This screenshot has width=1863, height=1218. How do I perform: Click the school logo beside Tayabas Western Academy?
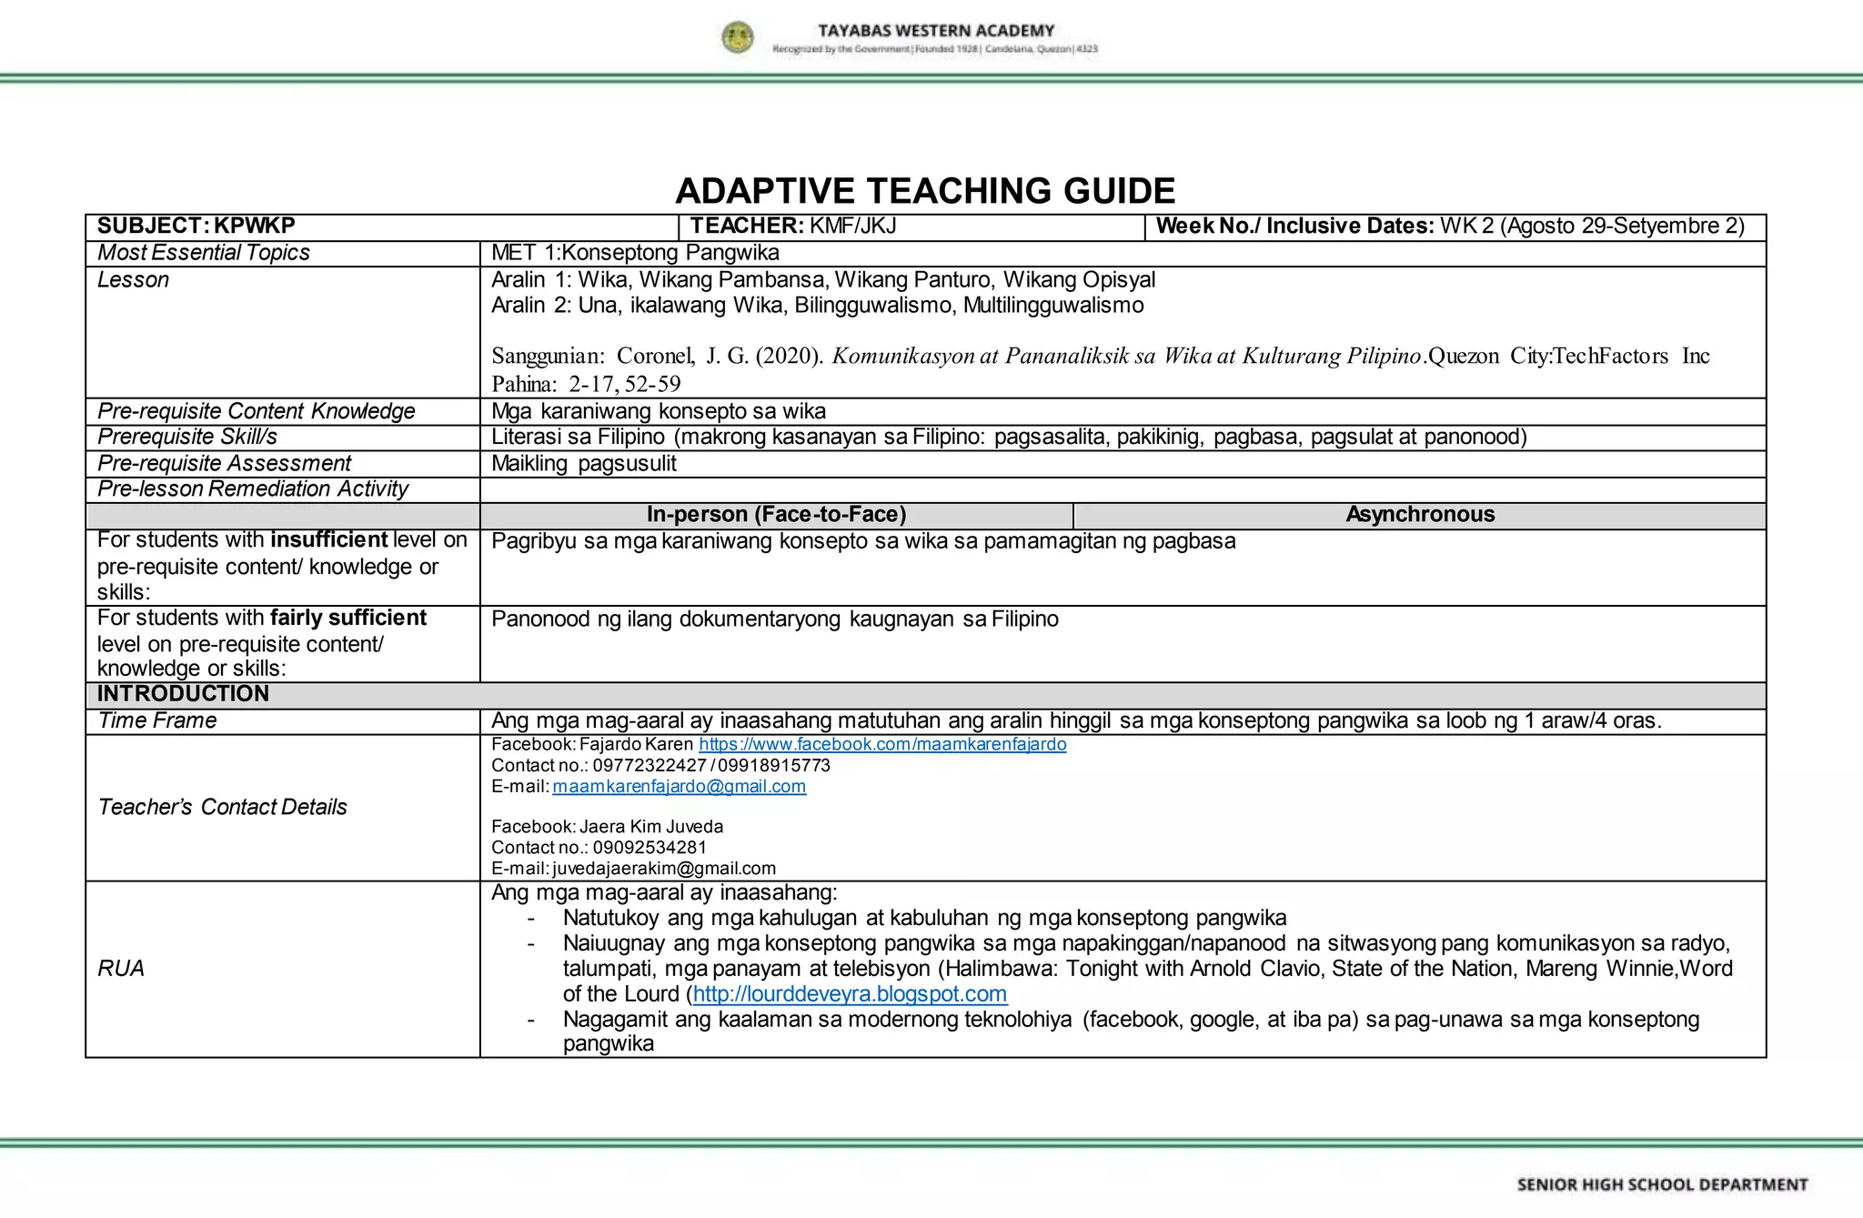(x=738, y=38)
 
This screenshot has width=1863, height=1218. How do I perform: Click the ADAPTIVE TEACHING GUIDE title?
(x=925, y=191)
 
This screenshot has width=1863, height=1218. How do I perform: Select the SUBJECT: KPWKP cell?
(x=196, y=226)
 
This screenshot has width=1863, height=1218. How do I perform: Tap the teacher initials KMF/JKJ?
(x=853, y=226)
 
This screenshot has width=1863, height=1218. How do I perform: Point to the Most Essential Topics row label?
(x=204, y=253)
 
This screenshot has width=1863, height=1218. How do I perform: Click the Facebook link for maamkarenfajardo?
(x=882, y=744)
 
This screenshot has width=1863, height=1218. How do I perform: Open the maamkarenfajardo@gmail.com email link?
(x=679, y=786)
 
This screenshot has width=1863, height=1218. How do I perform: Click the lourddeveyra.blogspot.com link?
(x=850, y=994)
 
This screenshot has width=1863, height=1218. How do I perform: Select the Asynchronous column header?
(x=1420, y=515)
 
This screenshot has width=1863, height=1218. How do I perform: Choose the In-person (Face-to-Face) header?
(x=776, y=515)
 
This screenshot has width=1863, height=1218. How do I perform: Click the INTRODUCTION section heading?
(x=183, y=694)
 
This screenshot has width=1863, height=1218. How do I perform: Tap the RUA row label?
(x=121, y=968)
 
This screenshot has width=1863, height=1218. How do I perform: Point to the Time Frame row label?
(x=157, y=720)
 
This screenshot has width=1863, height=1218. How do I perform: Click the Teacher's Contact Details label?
(x=223, y=807)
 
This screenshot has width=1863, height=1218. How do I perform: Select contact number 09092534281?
(x=650, y=847)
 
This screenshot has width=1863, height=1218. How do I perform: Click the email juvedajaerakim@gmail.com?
(x=664, y=868)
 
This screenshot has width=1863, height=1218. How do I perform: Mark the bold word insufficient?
(x=328, y=539)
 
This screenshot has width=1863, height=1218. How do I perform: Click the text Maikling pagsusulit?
(x=584, y=463)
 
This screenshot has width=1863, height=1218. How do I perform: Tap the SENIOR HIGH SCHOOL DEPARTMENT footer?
(x=1662, y=1184)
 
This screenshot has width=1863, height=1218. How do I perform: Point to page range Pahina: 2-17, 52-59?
(x=586, y=384)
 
